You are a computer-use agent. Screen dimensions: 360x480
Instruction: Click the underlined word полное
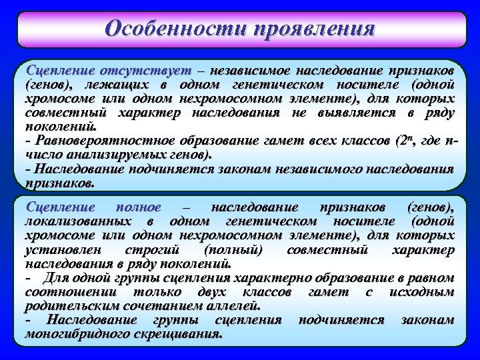139,208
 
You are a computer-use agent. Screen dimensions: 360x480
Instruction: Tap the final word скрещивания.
180,334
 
